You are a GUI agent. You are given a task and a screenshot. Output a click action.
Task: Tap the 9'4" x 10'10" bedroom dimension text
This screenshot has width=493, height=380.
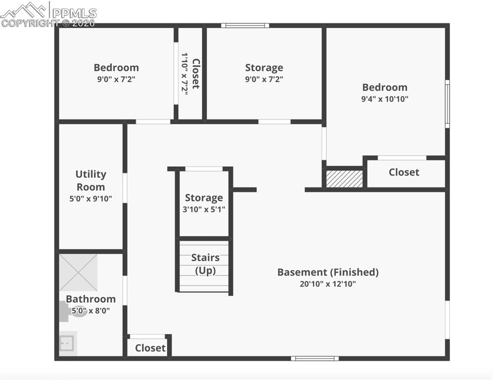click(385, 99)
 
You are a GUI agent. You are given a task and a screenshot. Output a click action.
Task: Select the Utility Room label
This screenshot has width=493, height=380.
click(90, 180)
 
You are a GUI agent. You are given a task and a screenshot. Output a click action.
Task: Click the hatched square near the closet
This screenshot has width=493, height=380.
click(344, 179)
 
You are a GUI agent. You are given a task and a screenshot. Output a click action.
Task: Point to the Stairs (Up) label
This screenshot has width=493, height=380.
click(205, 264)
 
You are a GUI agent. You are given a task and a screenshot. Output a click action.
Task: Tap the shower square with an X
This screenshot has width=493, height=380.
click(78, 273)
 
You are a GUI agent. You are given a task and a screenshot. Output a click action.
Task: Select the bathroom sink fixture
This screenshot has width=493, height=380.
click(67, 342)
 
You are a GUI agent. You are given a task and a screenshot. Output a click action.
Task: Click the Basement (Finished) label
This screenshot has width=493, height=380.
click(328, 272)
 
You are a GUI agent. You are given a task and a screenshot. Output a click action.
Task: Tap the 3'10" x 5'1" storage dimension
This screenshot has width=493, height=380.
click(204, 209)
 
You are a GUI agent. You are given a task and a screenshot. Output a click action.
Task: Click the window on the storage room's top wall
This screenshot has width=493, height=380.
click(245, 25)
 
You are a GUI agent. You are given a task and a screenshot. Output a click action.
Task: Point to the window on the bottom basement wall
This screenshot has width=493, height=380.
click(315, 358)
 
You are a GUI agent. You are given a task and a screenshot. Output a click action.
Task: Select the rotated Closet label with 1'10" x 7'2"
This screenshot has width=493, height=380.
click(191, 74)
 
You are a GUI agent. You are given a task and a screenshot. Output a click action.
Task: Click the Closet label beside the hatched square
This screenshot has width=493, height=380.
click(403, 172)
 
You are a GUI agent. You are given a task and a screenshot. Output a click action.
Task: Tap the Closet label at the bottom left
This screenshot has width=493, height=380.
click(150, 348)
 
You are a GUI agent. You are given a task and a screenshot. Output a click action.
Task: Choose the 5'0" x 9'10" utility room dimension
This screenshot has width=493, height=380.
click(90, 199)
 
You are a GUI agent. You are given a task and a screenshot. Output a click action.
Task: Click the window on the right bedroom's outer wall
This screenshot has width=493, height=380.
click(447, 104)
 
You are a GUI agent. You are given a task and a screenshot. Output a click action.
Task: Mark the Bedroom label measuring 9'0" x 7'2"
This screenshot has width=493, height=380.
click(116, 68)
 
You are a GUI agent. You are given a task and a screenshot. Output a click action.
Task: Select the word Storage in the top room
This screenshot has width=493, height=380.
click(264, 68)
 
